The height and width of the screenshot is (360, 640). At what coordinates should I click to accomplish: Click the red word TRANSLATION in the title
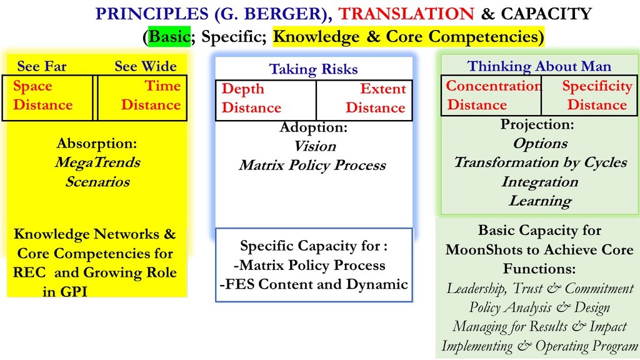pyautogui.click(x=406, y=14)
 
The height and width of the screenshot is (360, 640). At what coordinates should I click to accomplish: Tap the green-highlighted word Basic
pyautogui.click(x=169, y=37)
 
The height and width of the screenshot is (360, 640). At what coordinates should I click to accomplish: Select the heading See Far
pyautogui.click(x=42, y=66)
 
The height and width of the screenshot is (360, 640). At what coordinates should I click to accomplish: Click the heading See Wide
pyautogui.click(x=146, y=66)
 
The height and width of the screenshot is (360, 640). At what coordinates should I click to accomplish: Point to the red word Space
pyautogui.click(x=32, y=86)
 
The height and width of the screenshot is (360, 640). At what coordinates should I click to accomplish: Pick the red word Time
pyautogui.click(x=162, y=86)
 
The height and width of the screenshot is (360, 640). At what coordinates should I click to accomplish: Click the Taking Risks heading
pyautogui.click(x=314, y=69)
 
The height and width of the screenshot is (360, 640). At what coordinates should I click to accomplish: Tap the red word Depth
pyautogui.click(x=243, y=89)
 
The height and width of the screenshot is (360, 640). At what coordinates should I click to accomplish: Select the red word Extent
pyautogui.click(x=383, y=89)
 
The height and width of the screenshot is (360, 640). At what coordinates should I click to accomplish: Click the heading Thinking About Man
pyautogui.click(x=539, y=66)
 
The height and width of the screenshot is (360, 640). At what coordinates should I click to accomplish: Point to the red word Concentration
pyautogui.click(x=494, y=86)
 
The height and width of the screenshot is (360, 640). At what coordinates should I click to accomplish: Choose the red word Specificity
pyautogui.click(x=597, y=86)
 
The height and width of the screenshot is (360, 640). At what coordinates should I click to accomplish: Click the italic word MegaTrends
pyautogui.click(x=97, y=163)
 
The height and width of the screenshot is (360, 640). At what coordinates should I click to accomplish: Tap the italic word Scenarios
pyautogui.click(x=97, y=182)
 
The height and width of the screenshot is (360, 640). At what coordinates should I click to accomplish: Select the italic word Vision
pyautogui.click(x=315, y=146)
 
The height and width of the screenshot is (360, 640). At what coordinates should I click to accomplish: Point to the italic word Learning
pyautogui.click(x=541, y=201)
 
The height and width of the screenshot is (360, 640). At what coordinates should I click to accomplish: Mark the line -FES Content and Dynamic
pyautogui.click(x=314, y=284)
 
